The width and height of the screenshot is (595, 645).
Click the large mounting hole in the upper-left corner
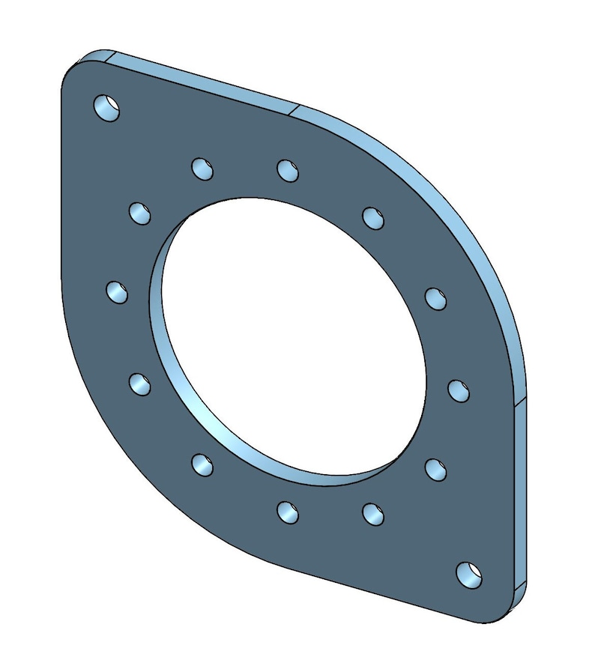tap(106, 108)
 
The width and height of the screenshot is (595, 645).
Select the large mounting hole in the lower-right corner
tap(469, 575)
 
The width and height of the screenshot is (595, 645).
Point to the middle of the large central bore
tap(292, 337)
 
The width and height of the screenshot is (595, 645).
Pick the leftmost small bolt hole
tap(116, 291)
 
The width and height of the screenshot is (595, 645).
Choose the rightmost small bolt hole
tap(459, 390)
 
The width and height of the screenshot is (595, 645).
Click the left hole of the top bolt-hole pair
tap(202, 169)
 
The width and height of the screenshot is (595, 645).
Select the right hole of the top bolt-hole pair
tap(288, 170)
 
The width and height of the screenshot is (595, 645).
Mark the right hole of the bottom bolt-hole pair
tap(373, 514)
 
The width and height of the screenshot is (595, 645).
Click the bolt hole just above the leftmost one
tap(140, 213)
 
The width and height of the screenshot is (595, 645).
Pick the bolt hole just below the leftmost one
tap(139, 384)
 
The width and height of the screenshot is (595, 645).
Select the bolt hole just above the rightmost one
tap(435, 298)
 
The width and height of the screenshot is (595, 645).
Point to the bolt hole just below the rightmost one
tap(436, 470)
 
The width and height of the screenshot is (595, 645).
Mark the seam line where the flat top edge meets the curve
tap(295, 109)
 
